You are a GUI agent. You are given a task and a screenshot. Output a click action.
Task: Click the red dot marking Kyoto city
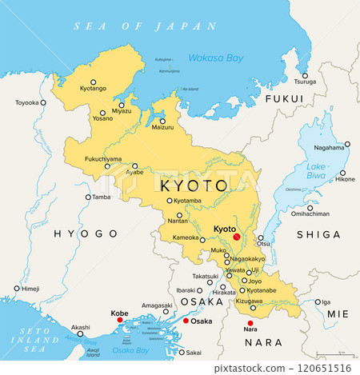(236, 237)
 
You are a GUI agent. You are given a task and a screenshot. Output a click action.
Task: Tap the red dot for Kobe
(120, 320)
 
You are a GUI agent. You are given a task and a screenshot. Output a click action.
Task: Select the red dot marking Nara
(250, 322)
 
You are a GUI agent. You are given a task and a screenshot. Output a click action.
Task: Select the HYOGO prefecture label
(86, 233)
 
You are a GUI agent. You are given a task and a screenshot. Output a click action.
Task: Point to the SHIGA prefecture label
(318, 233)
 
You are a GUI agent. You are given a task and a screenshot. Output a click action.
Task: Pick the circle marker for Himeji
(17, 288)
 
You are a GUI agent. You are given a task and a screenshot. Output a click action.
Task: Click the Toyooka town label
(27, 102)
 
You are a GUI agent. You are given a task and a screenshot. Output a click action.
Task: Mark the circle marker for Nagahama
(347, 145)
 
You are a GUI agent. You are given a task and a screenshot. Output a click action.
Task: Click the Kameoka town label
(183, 239)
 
